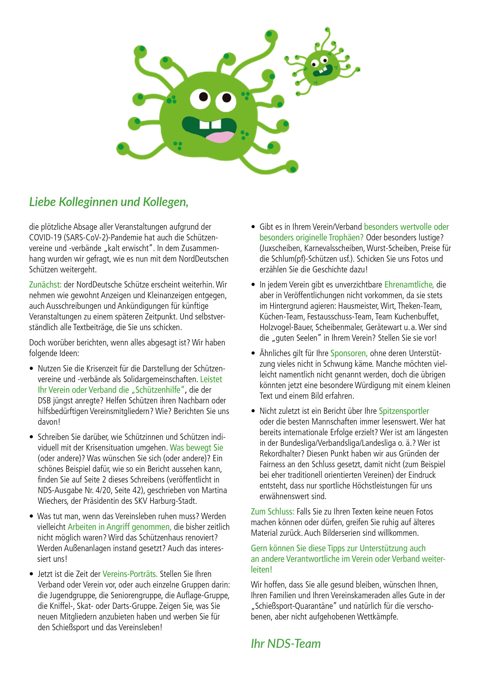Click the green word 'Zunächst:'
click(x=45, y=285)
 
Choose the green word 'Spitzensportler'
click(x=404, y=411)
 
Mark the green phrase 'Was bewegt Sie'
click(x=196, y=448)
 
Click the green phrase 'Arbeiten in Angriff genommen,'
click(x=119, y=527)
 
